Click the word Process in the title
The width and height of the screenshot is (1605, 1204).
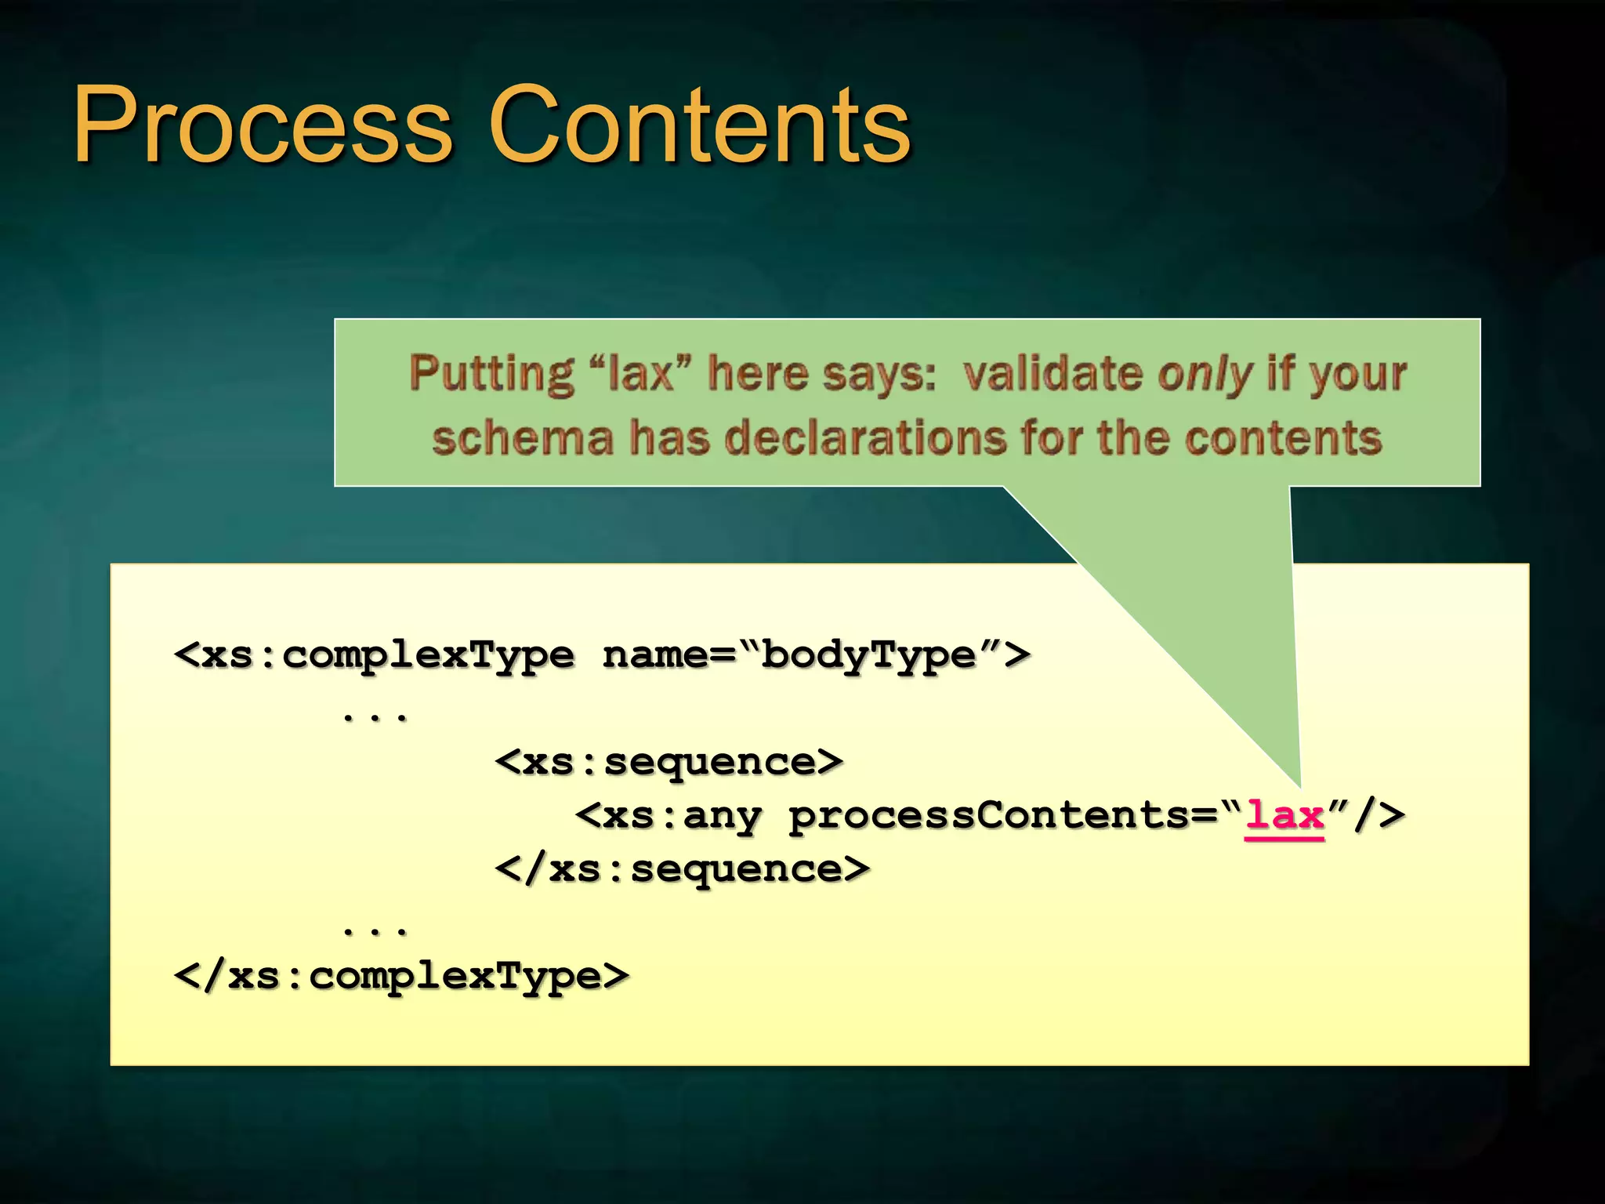click(263, 125)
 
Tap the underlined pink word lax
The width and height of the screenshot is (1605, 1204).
click(1284, 815)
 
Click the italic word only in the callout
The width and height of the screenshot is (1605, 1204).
click(1205, 373)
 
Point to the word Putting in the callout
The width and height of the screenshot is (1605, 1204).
click(491, 373)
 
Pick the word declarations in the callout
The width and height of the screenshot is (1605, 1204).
click(865, 437)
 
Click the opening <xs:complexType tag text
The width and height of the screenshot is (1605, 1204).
click(375, 655)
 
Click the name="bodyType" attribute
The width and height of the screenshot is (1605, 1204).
click(815, 655)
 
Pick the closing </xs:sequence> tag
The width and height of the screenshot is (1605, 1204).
click(683, 869)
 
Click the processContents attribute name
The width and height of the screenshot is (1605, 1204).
click(991, 815)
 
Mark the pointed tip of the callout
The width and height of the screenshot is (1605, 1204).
click(1299, 785)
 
